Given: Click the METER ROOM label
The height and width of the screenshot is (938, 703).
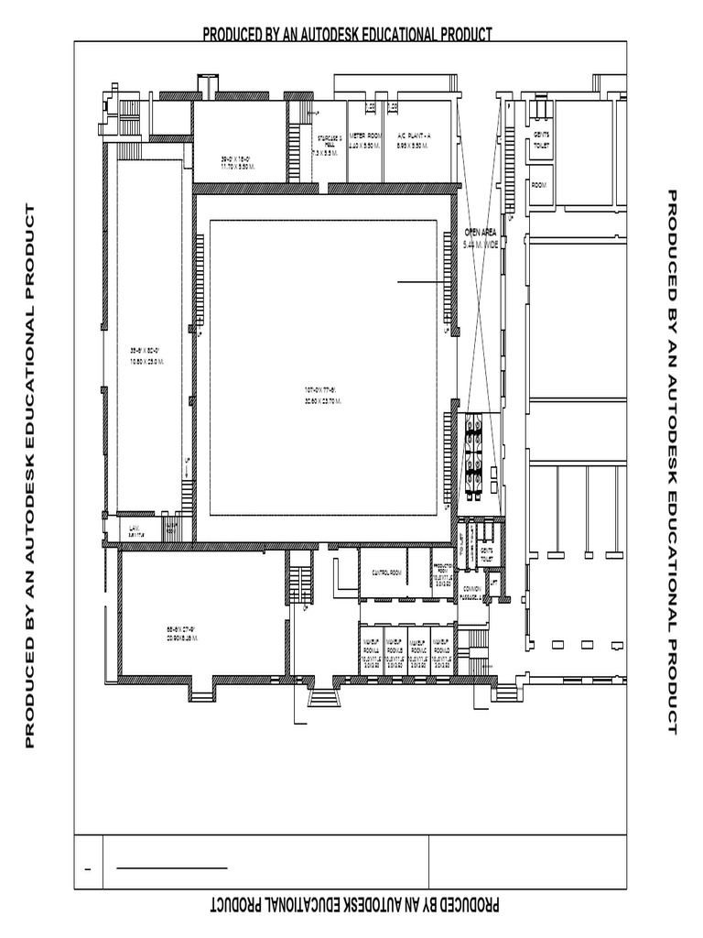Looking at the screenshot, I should (x=364, y=136).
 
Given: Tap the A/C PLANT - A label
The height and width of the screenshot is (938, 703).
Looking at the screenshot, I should (x=414, y=136).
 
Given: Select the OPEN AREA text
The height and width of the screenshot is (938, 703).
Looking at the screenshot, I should (x=481, y=233).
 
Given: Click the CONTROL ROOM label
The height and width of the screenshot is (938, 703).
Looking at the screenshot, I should (x=386, y=573).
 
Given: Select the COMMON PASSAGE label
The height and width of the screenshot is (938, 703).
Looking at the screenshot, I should (x=472, y=592).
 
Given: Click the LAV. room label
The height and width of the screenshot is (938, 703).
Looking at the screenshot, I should (x=135, y=529).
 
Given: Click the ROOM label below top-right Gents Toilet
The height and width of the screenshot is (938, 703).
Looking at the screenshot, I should (x=538, y=185).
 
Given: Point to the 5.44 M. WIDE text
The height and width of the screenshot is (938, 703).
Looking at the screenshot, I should (x=481, y=245).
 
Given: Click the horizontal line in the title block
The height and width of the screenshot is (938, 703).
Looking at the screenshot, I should (x=174, y=867).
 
